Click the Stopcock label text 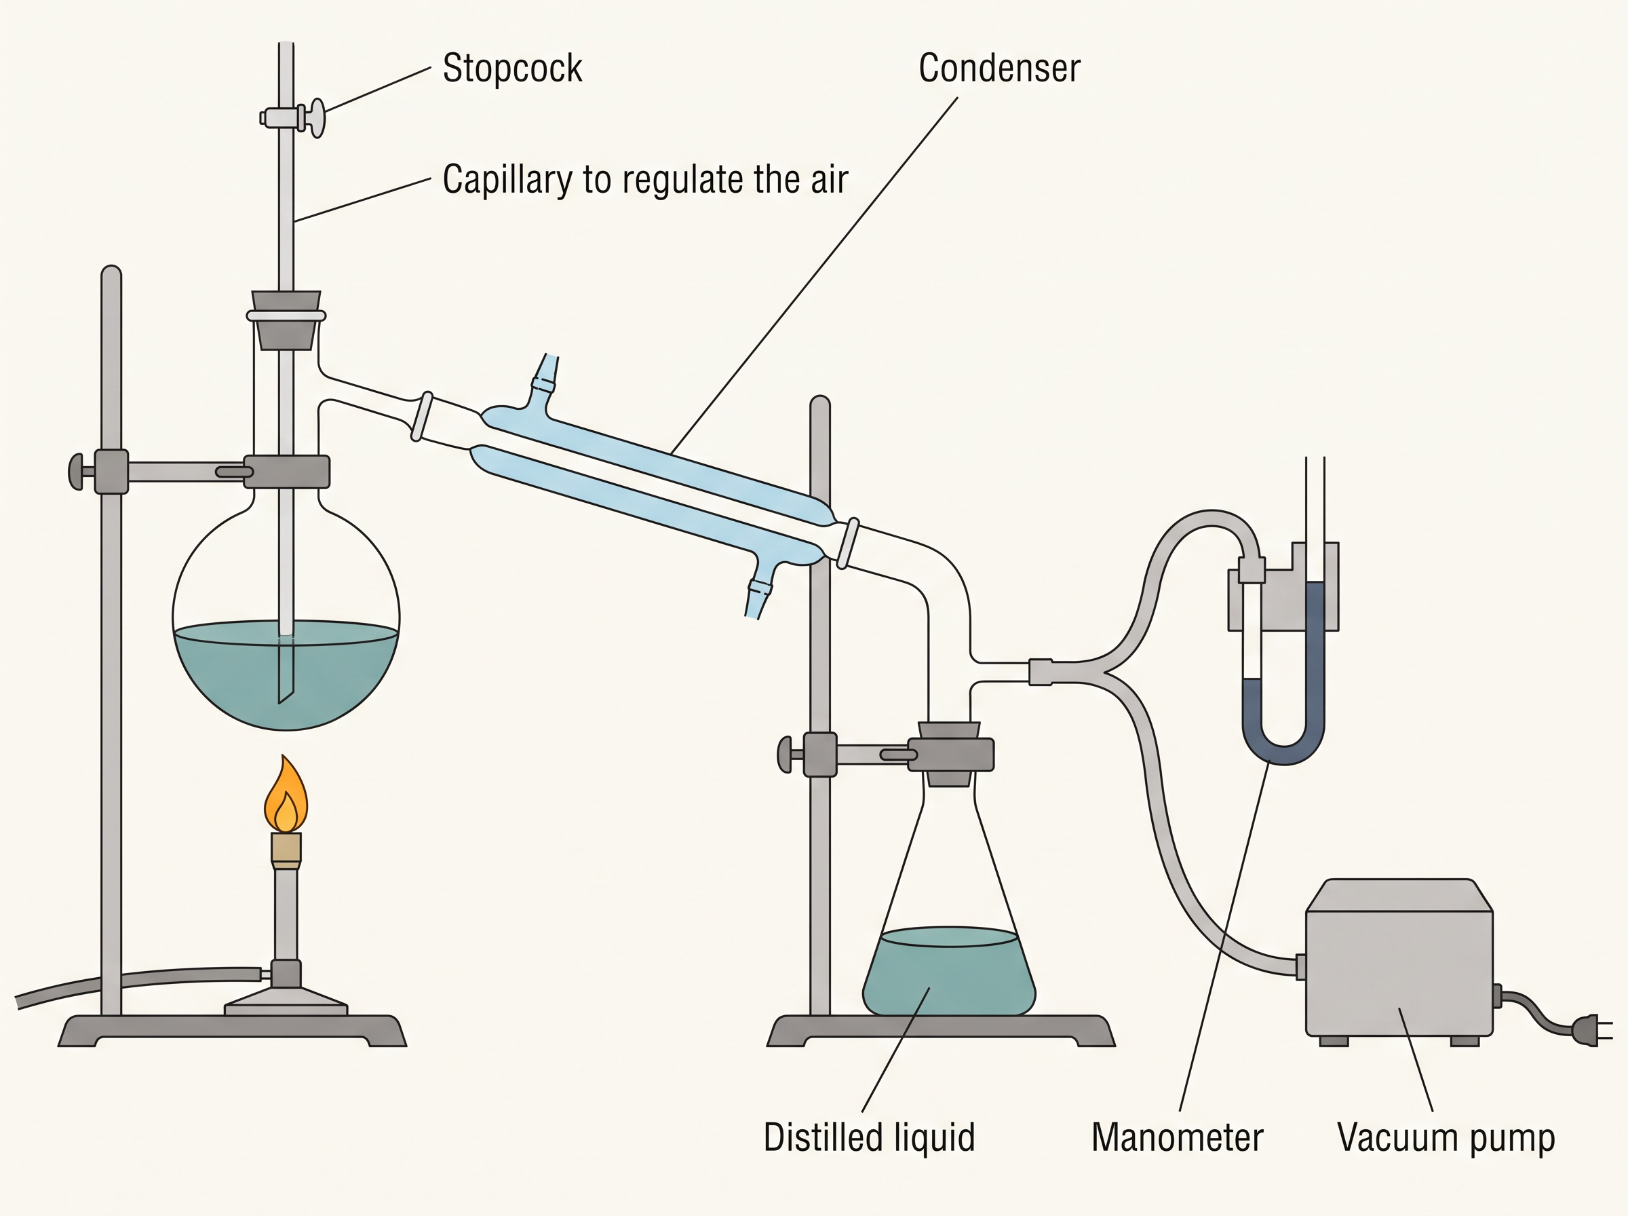pos(512,69)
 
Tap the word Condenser pos(999,69)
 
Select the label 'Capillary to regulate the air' pos(645,180)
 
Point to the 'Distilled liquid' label pos(869,1137)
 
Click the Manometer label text pos(1177,1137)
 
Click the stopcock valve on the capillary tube pos(293,118)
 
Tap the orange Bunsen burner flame pos(286,795)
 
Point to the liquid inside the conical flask pos(949,972)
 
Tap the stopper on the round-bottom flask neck pos(286,320)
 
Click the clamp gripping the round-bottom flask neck pos(286,472)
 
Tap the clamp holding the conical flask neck pos(950,755)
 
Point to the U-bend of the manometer pos(1283,744)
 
